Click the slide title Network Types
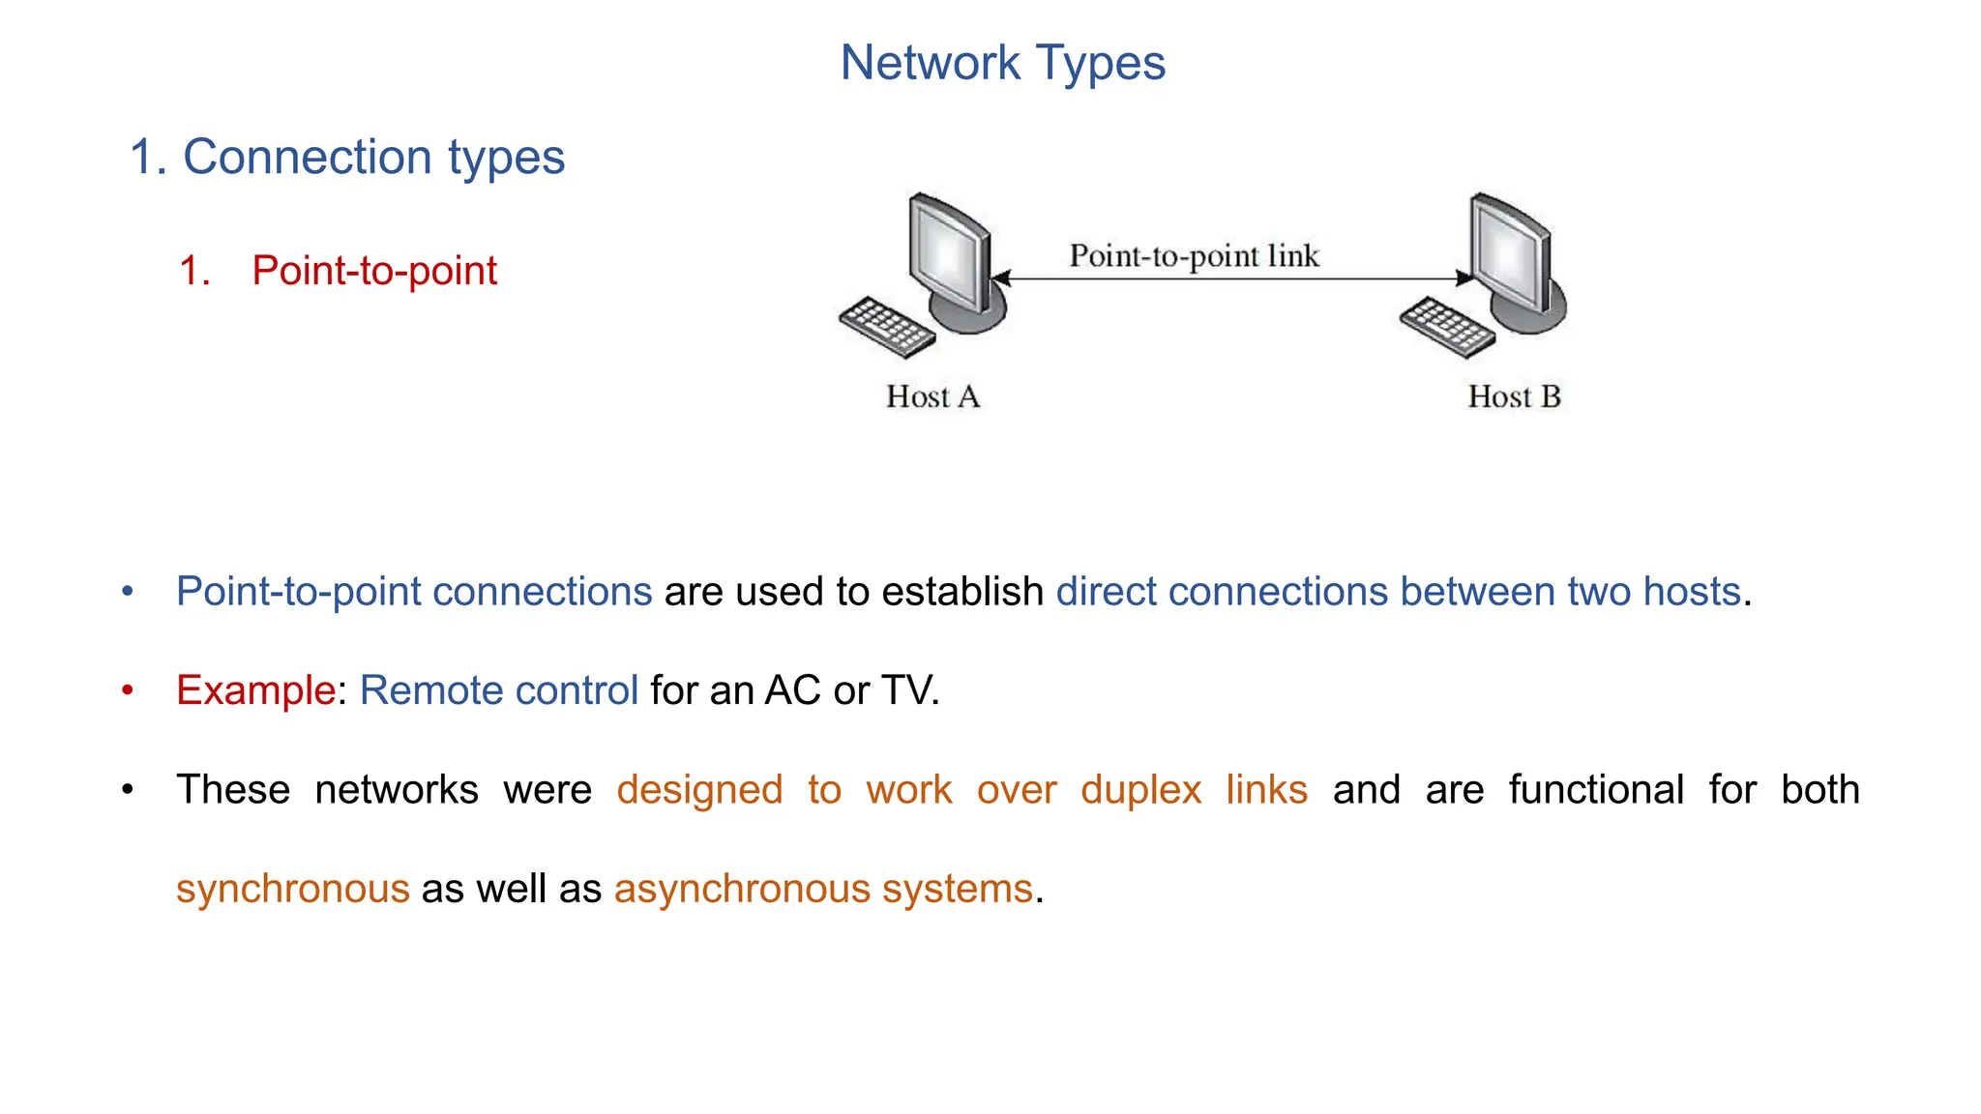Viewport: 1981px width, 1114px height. pyautogui.click(x=1002, y=64)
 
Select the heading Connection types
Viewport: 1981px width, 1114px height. pyautogui.click(x=372, y=157)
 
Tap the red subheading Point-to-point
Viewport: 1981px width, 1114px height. pyautogui.click(x=373, y=271)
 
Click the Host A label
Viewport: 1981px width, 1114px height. pyautogui.click(x=932, y=396)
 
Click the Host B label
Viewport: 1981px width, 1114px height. pyautogui.click(x=1514, y=396)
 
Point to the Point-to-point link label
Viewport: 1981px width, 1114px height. pyautogui.click(x=1194, y=256)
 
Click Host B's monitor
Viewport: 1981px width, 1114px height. pyautogui.click(x=1511, y=253)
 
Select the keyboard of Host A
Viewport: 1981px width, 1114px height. pyautogui.click(x=886, y=327)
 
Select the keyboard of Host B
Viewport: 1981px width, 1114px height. pyautogui.click(x=1447, y=327)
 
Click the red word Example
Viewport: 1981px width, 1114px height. pyautogui.click(x=255, y=690)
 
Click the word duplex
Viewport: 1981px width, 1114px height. pyautogui.click(x=1140, y=790)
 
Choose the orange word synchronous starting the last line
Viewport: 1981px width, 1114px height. pyautogui.click(x=292, y=889)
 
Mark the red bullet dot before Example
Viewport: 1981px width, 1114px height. pyautogui.click(x=128, y=690)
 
